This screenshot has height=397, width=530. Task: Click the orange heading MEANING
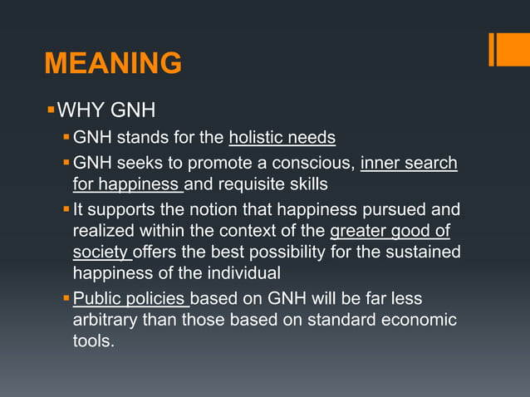[112, 63]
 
